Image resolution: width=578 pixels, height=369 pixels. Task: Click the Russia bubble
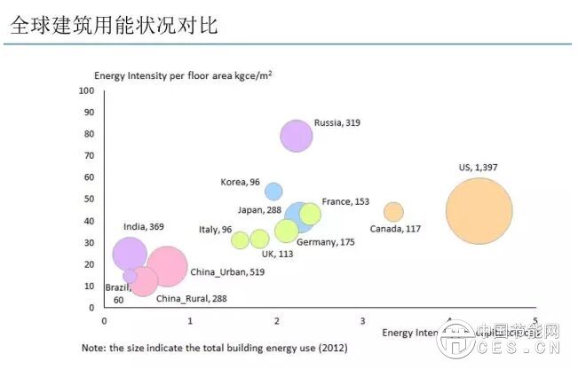pyautogui.click(x=297, y=136)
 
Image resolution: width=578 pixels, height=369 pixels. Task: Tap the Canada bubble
pyautogui.click(x=393, y=212)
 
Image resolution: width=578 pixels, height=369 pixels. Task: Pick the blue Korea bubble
pyautogui.click(x=273, y=191)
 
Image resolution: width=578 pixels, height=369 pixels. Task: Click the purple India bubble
pyautogui.click(x=130, y=254)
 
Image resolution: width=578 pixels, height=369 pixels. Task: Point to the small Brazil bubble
pyautogui.click(x=130, y=276)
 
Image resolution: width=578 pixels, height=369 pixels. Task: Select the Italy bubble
pyautogui.click(x=240, y=239)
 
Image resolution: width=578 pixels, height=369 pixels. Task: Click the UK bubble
pyautogui.click(x=259, y=239)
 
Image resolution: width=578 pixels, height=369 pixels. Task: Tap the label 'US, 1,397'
pyautogui.click(x=478, y=168)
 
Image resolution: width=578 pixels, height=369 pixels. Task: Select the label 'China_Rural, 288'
pyautogui.click(x=191, y=299)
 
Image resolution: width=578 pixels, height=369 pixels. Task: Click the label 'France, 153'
pyautogui.click(x=345, y=202)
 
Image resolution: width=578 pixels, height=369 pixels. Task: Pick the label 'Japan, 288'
pyautogui.click(x=259, y=210)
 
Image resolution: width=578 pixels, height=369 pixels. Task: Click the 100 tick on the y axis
pyautogui.click(x=86, y=90)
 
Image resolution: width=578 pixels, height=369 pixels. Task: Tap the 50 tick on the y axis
pyautogui.click(x=89, y=199)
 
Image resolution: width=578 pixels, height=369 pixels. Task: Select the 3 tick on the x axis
pyautogui.click(x=362, y=319)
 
